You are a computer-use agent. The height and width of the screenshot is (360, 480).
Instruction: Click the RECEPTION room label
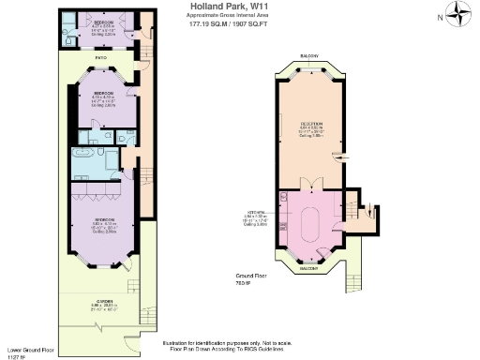point(311,125)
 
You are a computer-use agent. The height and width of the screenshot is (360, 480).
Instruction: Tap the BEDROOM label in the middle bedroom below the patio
point(103,94)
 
